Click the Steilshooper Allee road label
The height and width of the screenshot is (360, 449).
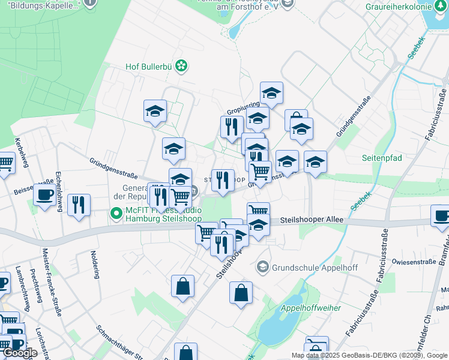pyautogui.click(x=307, y=221)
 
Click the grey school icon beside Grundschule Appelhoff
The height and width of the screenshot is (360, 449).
pyautogui.click(x=262, y=266)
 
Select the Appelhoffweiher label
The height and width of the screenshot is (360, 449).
pyautogui.click(x=311, y=308)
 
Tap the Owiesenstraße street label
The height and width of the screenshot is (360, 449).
pyautogui.click(x=413, y=262)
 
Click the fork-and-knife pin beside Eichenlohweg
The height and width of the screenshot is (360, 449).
pyautogui.click(x=79, y=205)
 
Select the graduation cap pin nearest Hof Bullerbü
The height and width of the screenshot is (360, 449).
pyautogui.click(x=155, y=110)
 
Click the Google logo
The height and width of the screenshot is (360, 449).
pyautogui.click(x=20, y=353)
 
